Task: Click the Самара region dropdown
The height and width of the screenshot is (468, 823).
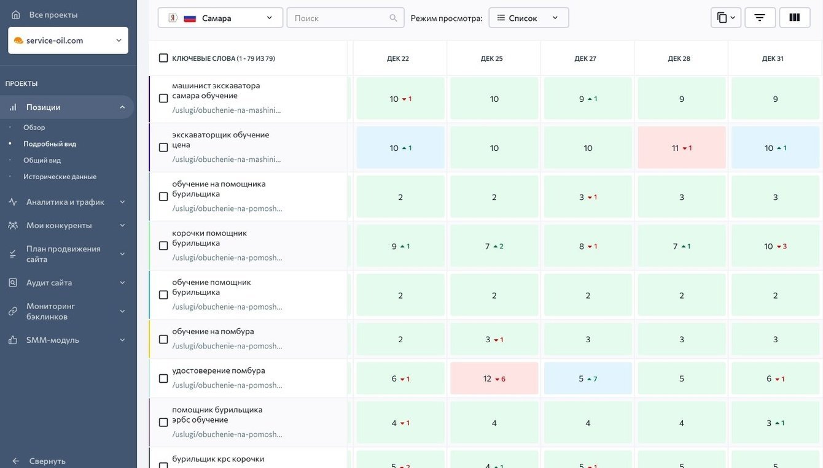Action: (220, 18)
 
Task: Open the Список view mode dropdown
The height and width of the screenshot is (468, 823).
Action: (528, 18)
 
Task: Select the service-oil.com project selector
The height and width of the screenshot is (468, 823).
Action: (68, 40)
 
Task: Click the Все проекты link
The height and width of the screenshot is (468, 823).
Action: (53, 15)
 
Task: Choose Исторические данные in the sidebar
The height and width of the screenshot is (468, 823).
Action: (60, 177)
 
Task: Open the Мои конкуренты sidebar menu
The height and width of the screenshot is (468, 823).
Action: (59, 225)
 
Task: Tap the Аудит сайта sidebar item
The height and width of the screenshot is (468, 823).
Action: (49, 283)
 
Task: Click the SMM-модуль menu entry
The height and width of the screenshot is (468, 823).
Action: (53, 340)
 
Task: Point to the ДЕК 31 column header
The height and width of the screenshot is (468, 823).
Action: (773, 59)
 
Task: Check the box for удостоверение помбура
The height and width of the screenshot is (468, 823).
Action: (163, 378)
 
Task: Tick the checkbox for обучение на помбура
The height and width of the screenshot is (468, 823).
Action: (163, 339)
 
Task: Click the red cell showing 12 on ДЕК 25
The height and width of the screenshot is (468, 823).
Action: (494, 378)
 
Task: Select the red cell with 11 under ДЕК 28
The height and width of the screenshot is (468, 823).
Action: (682, 148)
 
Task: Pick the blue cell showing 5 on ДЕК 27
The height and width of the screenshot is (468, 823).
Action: (588, 378)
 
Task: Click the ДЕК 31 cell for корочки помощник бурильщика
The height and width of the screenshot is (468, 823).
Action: (775, 246)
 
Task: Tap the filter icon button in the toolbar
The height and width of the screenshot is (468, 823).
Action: (760, 18)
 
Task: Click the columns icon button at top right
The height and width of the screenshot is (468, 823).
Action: (795, 18)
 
